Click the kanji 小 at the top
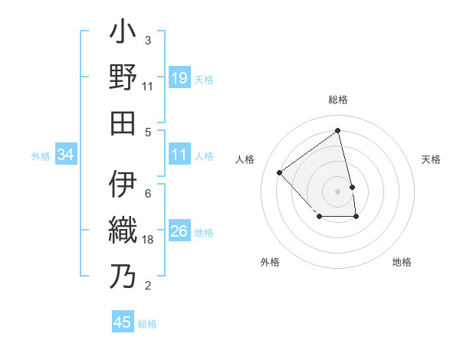(x=123, y=35)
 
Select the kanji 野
(x=123, y=79)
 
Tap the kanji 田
(x=123, y=123)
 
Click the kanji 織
(x=123, y=230)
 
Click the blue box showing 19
(x=179, y=78)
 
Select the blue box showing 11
(x=179, y=155)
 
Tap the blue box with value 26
(x=179, y=231)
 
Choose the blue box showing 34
(x=66, y=155)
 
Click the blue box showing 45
(x=123, y=322)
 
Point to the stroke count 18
(x=149, y=240)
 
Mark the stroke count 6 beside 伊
(x=148, y=193)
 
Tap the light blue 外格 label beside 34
(x=41, y=156)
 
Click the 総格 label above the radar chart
(x=338, y=100)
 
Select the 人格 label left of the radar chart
(x=245, y=159)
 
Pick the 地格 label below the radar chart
(x=402, y=262)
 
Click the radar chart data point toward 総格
(x=338, y=130)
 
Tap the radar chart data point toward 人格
(x=280, y=173)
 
